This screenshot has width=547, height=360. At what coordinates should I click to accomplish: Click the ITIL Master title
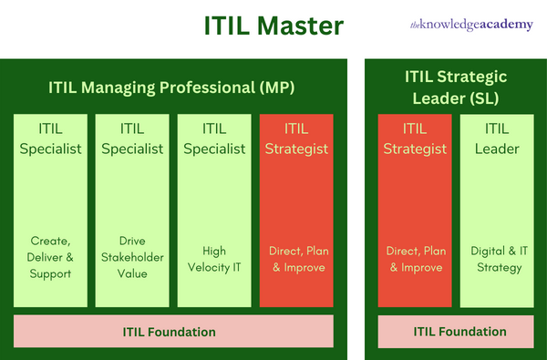coord(273,26)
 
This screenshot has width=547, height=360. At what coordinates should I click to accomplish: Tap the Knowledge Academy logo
coord(471,25)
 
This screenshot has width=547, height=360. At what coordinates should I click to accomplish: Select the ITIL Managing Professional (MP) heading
coord(171,87)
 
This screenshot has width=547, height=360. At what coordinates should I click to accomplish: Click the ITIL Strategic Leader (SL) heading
coord(456,87)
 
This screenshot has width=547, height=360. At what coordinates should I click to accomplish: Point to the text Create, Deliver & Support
coord(50,257)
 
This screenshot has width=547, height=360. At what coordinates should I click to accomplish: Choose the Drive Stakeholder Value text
coord(132,257)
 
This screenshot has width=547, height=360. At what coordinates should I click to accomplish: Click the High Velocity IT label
coord(214,259)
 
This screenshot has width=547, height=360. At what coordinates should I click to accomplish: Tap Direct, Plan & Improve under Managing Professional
coord(299,259)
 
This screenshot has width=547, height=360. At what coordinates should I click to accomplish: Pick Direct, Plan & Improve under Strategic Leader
coord(416,259)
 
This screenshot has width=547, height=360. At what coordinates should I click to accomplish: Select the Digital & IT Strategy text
coord(500,259)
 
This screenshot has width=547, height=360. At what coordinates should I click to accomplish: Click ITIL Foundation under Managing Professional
coord(170,332)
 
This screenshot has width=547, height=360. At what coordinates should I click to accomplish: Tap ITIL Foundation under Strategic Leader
coord(459,332)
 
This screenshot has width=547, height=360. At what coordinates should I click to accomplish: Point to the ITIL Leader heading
coord(497,139)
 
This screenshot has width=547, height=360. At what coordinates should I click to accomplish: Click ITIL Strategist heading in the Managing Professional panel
coord(296,139)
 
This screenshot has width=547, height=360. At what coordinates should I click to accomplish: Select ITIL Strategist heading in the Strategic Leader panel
coord(415,139)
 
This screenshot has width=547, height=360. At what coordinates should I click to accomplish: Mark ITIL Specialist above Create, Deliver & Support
coord(50,139)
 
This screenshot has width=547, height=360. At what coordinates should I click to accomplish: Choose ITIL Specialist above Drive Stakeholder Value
coord(132,139)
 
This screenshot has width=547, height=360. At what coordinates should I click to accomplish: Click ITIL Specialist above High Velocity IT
coord(214,139)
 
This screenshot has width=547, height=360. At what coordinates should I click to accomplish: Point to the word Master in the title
coord(300,26)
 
